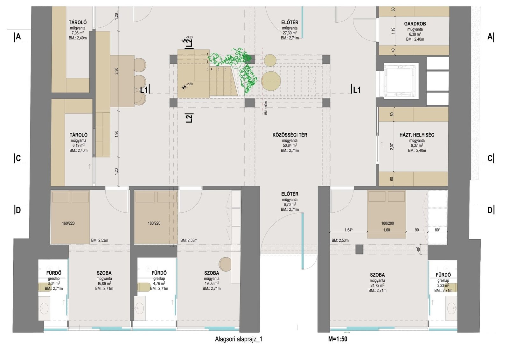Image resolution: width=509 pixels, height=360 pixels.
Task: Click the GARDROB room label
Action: tap(415, 24)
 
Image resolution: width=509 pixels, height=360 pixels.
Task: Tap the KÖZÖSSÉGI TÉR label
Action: tap(290, 135)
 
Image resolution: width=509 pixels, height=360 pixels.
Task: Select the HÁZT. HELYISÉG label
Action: tap(417, 135)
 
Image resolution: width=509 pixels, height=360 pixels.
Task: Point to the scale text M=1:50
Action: tap(338, 339)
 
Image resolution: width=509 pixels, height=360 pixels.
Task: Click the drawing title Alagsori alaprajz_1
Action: tap(239, 339)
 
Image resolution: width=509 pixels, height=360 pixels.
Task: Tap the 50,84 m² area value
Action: tap(290, 145)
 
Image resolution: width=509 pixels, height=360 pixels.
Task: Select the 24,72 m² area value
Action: tap(377, 285)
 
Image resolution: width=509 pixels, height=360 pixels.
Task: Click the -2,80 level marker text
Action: tap(189, 84)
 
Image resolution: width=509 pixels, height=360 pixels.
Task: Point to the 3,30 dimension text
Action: tap(116, 71)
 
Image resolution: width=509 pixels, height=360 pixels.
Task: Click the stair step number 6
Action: tap(226, 69)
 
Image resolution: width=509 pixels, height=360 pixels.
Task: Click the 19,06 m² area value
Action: tap(212, 283)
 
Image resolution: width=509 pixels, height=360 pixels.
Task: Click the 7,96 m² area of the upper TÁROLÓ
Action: tap(78, 33)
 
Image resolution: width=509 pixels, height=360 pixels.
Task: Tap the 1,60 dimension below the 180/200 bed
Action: tap(387, 230)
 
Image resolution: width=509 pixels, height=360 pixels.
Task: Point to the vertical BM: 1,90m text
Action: tap(266, 108)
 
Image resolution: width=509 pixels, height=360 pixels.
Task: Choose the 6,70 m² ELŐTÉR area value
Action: tap(290, 204)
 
